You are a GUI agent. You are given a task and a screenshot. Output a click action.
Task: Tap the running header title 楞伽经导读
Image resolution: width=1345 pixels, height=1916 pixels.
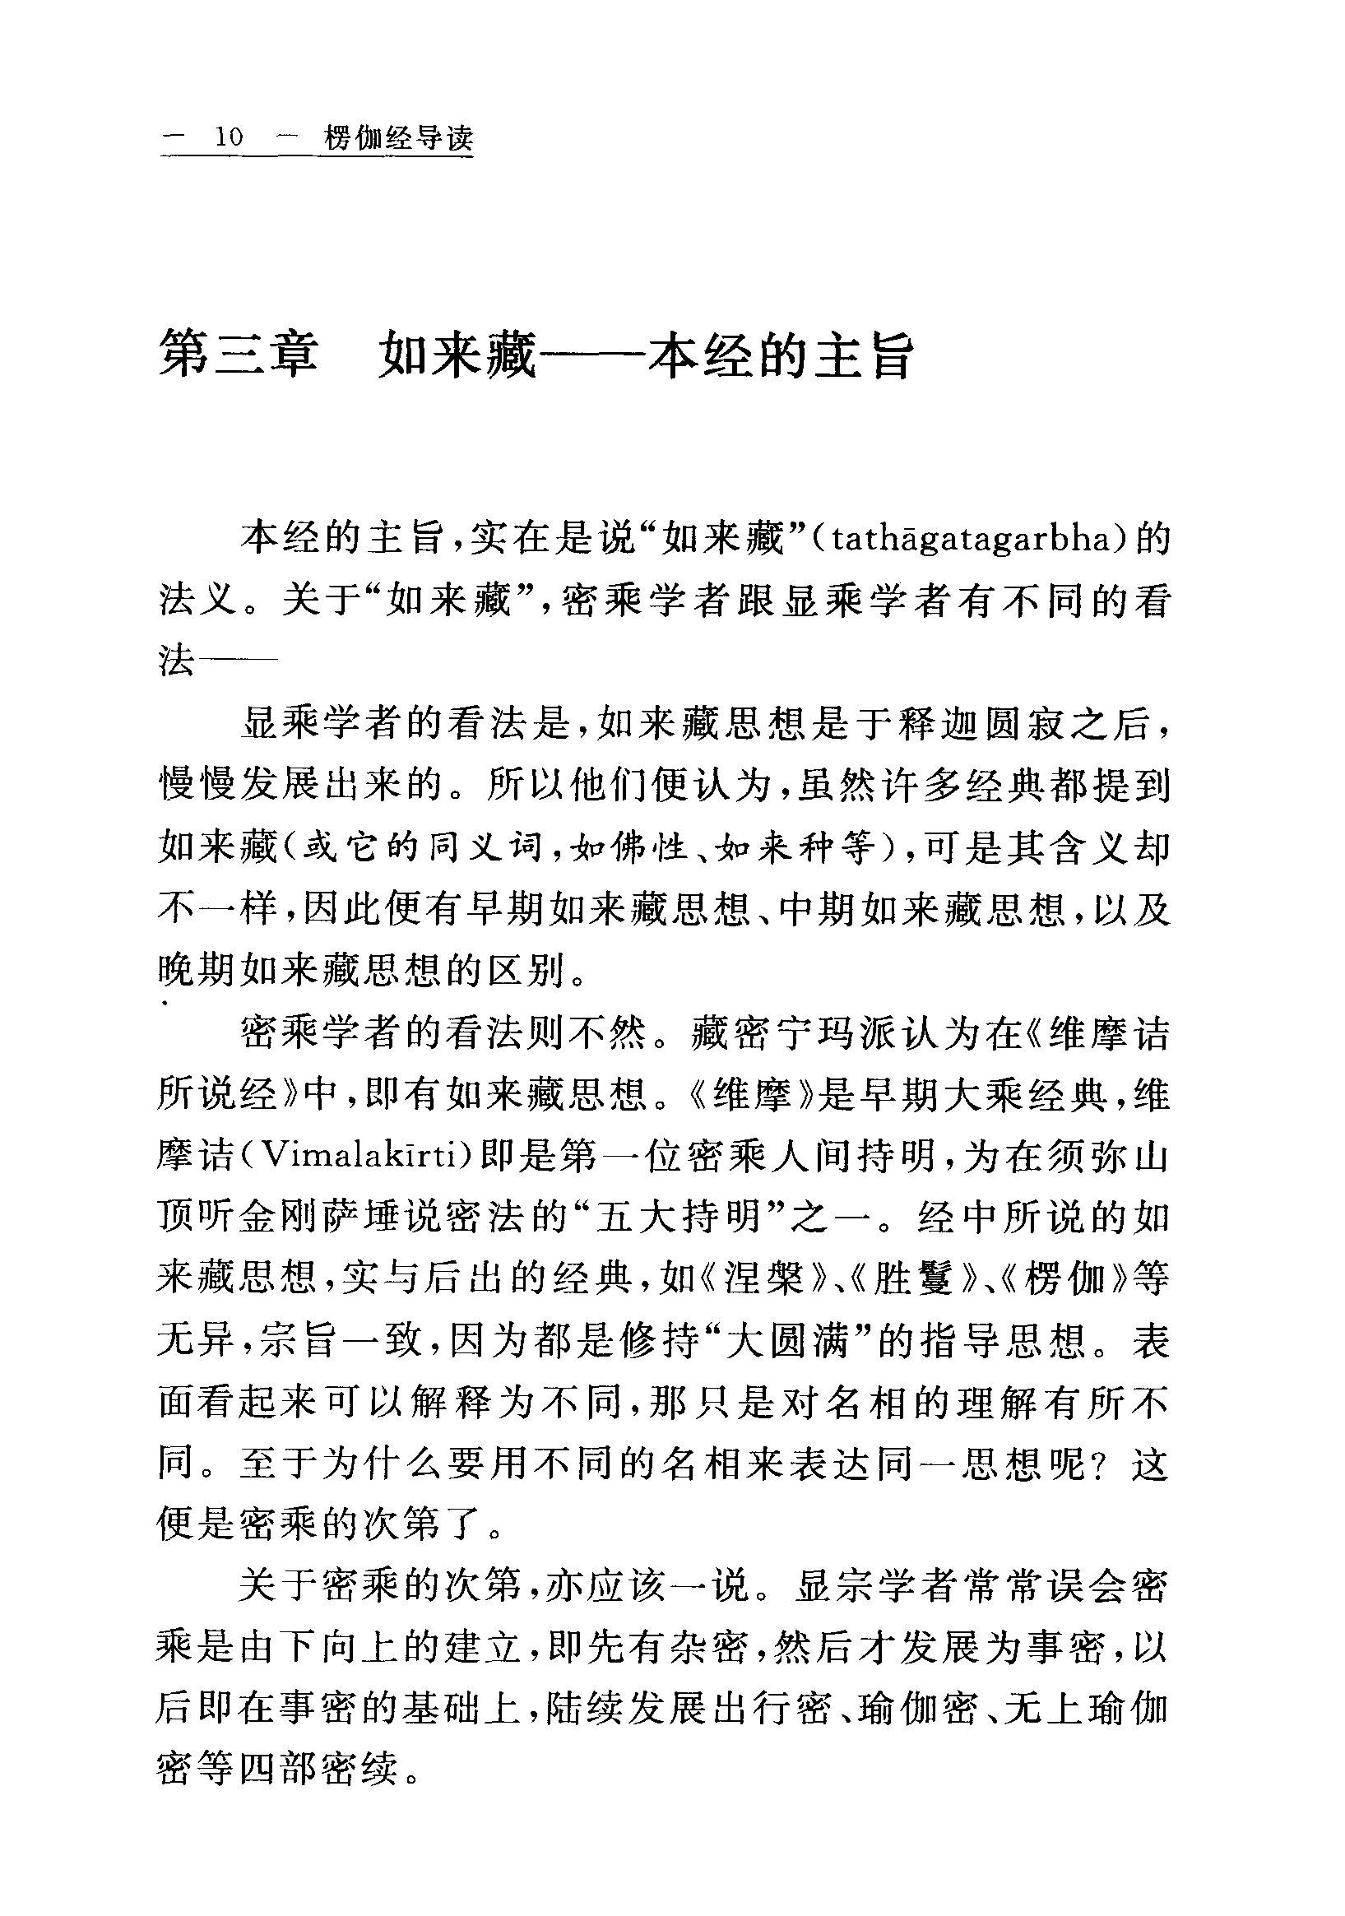[398, 137]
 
